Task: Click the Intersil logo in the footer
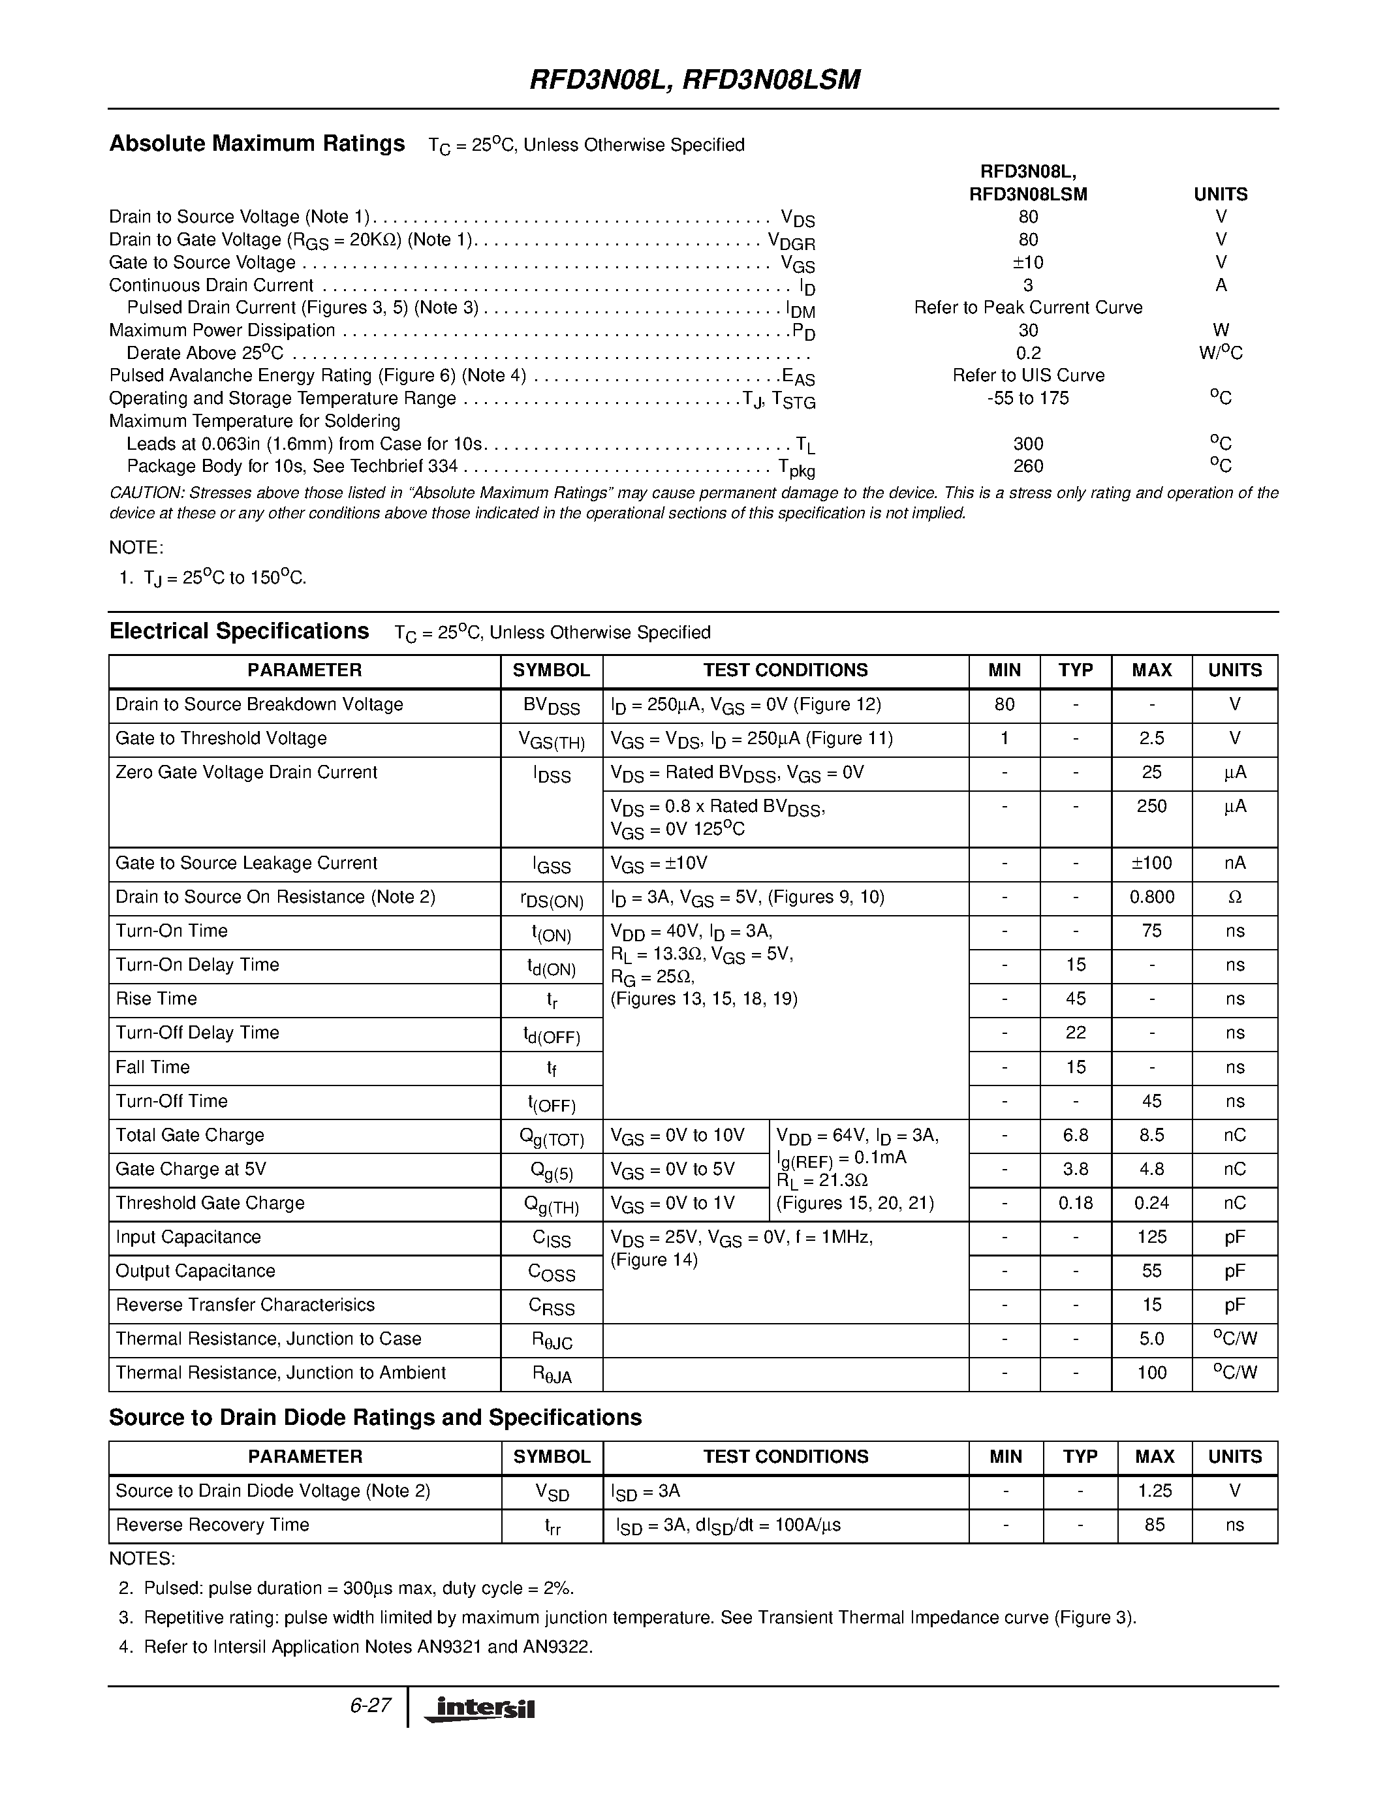point(480,1709)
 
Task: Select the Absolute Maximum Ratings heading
point(257,144)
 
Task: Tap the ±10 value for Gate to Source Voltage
point(1027,262)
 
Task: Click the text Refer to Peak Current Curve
point(1027,307)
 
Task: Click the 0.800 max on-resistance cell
point(1151,897)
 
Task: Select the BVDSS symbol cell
point(552,706)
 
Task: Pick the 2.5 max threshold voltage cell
point(1151,739)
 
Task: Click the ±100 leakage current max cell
point(1151,863)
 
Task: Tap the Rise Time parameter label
point(156,999)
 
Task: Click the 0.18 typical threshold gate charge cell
point(1075,1203)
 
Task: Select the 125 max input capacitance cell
point(1151,1237)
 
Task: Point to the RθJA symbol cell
point(552,1374)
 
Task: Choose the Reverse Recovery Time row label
point(212,1525)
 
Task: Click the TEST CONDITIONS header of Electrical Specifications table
point(785,670)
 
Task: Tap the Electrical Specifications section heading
point(239,631)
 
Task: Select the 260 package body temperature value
point(1027,466)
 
